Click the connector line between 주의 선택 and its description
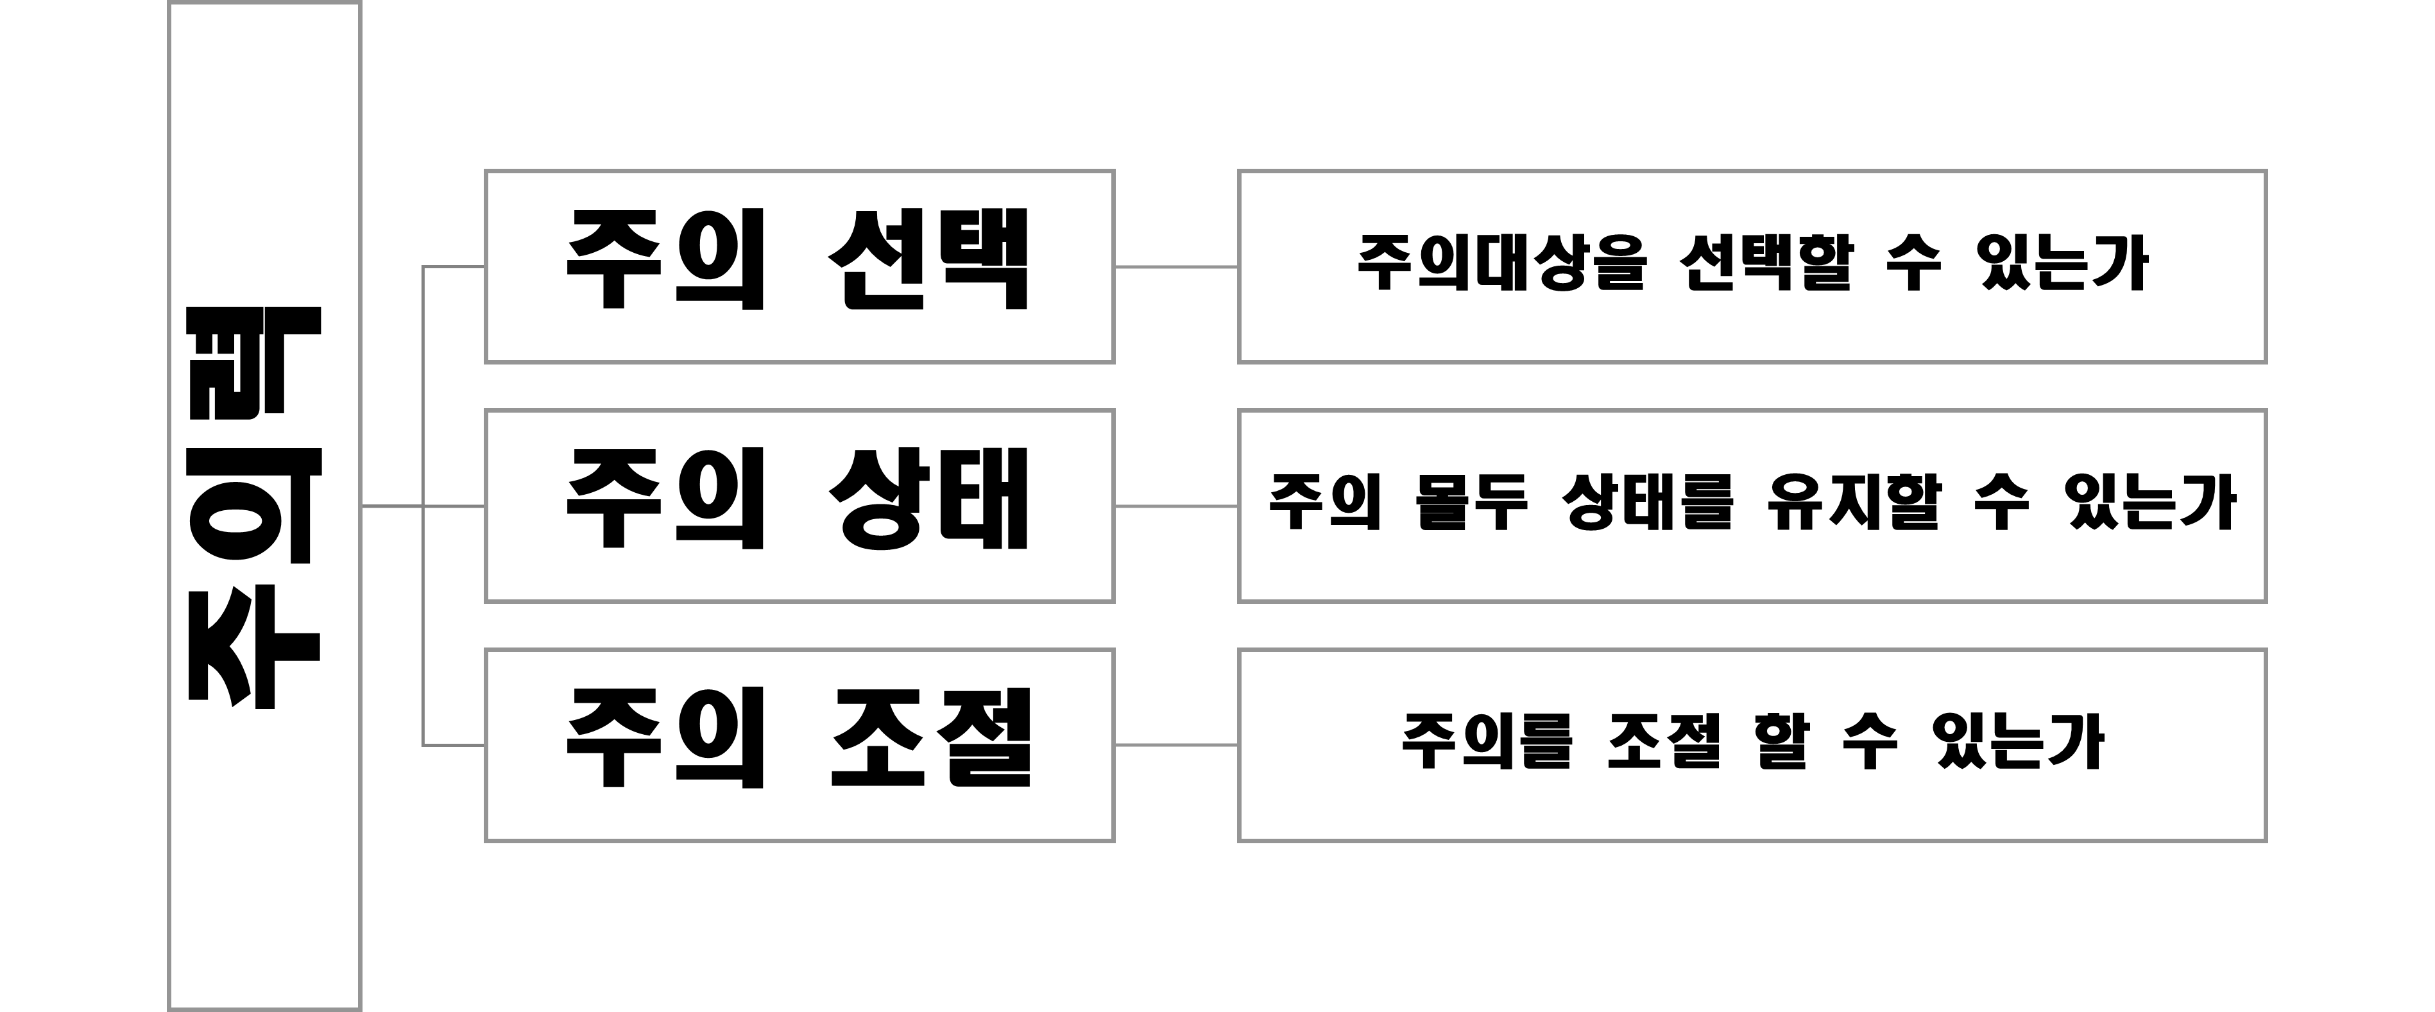click(1176, 267)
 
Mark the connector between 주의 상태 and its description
click(1176, 506)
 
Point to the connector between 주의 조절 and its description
click(1176, 745)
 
